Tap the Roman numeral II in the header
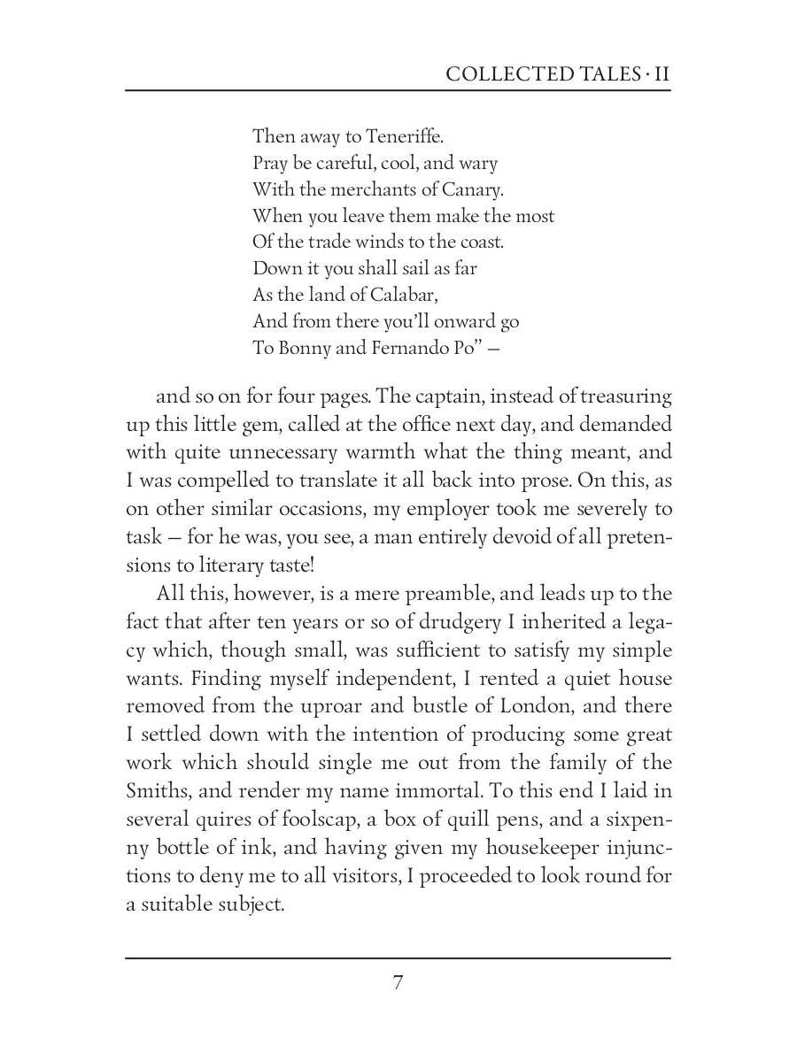tap(661, 73)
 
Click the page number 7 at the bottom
tap(398, 983)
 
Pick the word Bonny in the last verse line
tap(305, 347)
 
